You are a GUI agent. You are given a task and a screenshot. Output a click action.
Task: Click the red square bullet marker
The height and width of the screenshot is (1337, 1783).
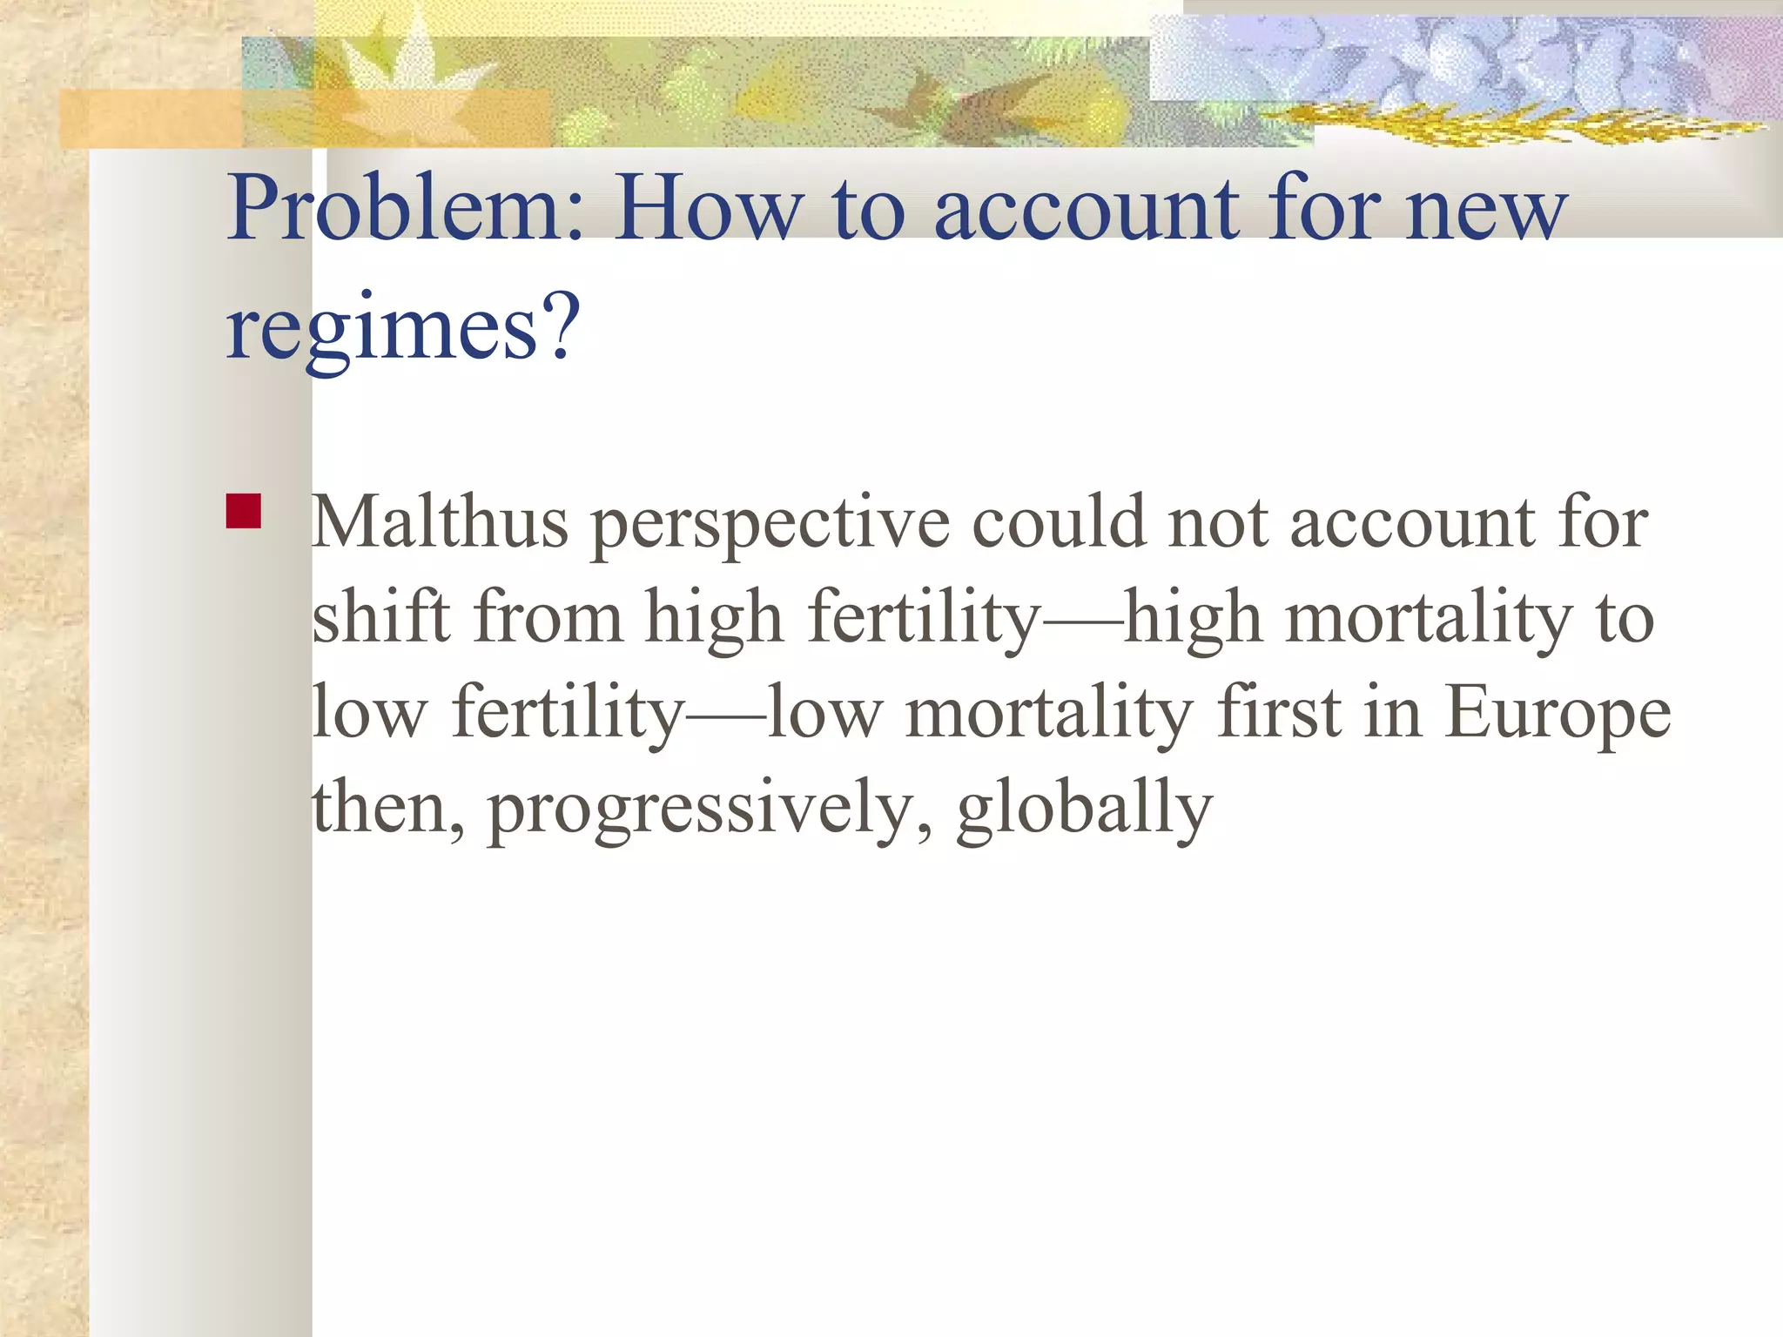point(244,512)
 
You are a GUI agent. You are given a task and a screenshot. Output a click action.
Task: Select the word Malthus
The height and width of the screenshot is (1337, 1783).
point(441,523)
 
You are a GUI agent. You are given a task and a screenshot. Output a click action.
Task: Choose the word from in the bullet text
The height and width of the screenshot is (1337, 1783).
point(548,619)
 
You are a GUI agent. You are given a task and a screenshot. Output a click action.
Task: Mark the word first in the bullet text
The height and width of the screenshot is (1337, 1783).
point(1279,713)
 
